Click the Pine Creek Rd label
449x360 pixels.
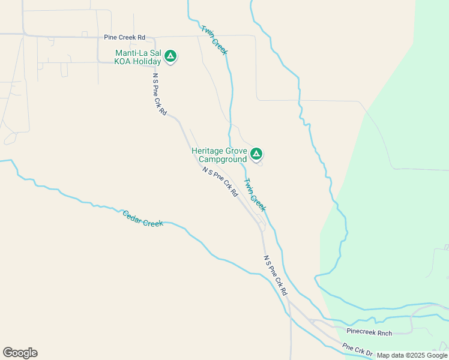[x=124, y=37]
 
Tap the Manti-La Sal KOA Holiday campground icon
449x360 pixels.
[x=170, y=56]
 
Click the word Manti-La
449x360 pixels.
[x=132, y=53]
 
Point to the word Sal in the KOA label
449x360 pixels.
[x=155, y=53]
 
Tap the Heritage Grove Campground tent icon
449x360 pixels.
[x=256, y=154]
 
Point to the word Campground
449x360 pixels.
[x=222, y=160]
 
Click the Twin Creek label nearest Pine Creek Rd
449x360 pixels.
[x=214, y=40]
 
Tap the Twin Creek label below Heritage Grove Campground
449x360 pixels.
[x=255, y=194]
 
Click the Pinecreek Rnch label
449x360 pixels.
[x=369, y=332]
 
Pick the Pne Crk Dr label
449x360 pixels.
[x=358, y=350]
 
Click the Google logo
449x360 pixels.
[x=20, y=353]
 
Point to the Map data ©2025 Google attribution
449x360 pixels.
[x=412, y=355]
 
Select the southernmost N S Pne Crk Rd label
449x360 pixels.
[x=276, y=275]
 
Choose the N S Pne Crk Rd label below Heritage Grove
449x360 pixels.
[x=220, y=182]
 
